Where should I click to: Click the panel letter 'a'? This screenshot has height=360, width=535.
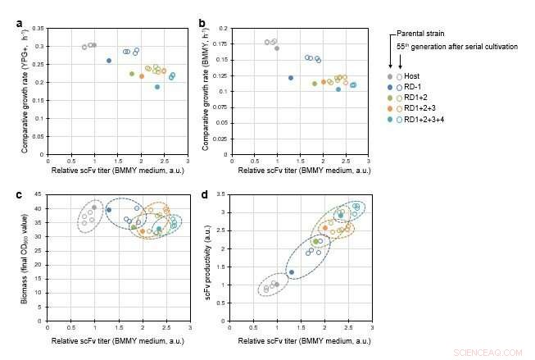tap(19, 24)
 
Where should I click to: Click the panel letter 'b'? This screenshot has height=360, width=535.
tap(202, 24)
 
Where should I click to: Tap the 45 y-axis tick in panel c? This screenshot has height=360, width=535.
tap(41, 194)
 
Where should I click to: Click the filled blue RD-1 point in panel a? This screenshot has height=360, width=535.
tap(109, 61)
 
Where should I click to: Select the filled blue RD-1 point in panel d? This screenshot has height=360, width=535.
tap(291, 272)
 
